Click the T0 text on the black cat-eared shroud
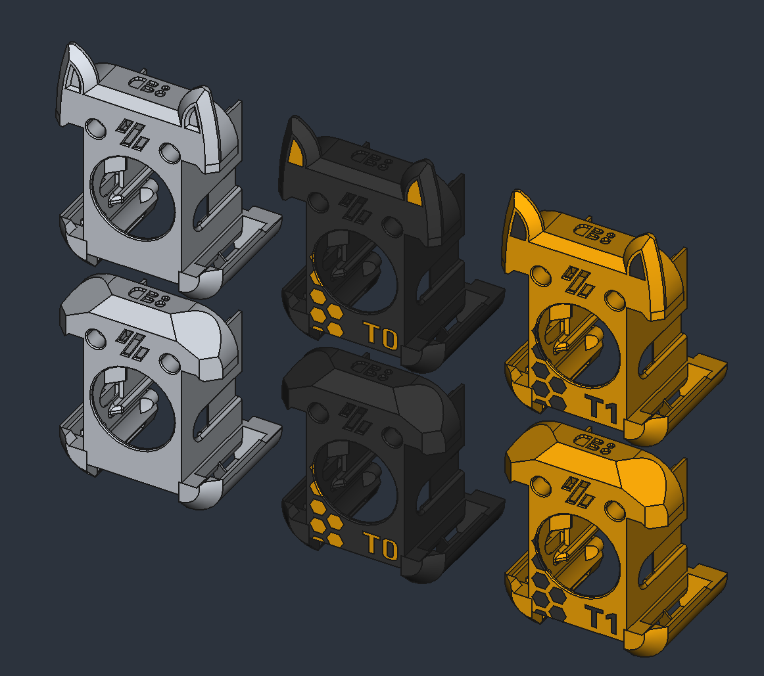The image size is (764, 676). click(382, 336)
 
